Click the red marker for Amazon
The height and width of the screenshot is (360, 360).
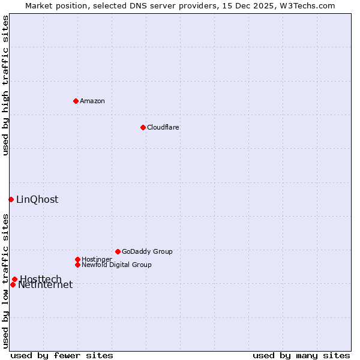[76, 101]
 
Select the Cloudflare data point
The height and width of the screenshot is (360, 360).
[143, 127]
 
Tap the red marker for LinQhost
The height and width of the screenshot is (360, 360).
[11, 199]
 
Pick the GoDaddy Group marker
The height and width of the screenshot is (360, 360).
[118, 251]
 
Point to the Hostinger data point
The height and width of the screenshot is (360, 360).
[77, 259]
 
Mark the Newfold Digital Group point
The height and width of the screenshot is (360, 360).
[77, 265]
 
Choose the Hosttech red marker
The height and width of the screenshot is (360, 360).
[14, 279]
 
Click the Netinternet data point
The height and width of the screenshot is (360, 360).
[13, 284]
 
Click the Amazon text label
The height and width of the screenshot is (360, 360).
[92, 101]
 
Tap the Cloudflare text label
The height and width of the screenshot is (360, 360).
[163, 127]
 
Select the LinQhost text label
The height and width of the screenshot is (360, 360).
[37, 199]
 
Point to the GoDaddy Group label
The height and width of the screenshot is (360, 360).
[147, 251]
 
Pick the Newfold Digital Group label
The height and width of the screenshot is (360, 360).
[117, 265]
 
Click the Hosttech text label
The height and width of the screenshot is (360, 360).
[41, 278]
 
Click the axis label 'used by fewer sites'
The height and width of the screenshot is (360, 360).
[62, 355]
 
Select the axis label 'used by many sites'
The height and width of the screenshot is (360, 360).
[301, 355]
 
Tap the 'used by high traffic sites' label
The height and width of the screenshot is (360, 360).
[5, 85]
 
